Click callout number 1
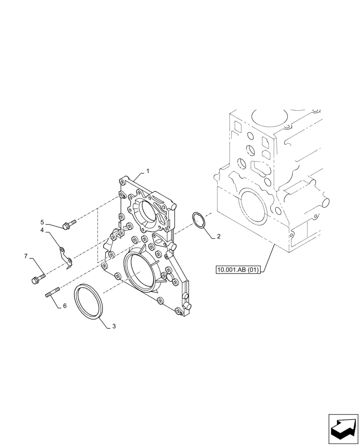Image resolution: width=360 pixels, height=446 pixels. pyautogui.click(x=148, y=171)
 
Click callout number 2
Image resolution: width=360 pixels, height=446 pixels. pyautogui.click(x=219, y=236)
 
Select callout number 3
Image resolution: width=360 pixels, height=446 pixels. pyautogui.click(x=114, y=326)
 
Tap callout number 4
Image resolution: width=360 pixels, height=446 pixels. pyautogui.click(x=42, y=230)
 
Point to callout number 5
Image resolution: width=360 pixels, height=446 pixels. pyautogui.click(x=42, y=222)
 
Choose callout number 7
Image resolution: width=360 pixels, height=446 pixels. pyautogui.click(x=26, y=256)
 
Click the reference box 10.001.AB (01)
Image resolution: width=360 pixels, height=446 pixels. pyautogui.click(x=238, y=269)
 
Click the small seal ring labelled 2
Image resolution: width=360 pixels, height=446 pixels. pyautogui.click(x=199, y=220)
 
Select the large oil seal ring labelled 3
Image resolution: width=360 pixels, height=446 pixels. pyautogui.click(x=89, y=302)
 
